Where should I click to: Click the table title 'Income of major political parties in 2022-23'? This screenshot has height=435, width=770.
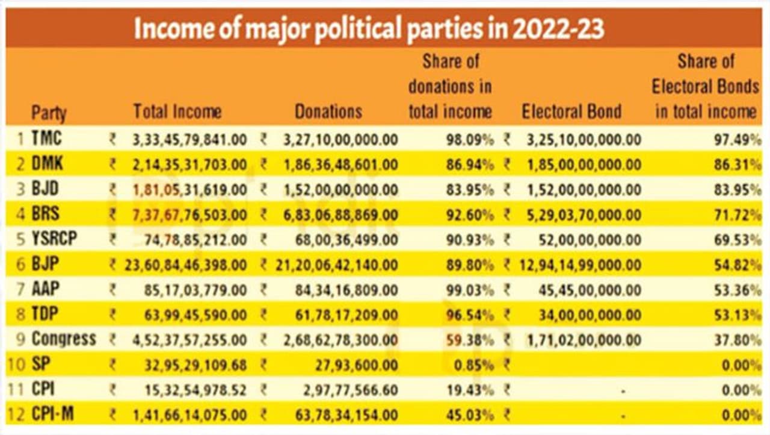tap(369, 28)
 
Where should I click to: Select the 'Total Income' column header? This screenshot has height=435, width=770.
tap(177, 111)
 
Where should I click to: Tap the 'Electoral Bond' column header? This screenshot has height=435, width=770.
tap(571, 111)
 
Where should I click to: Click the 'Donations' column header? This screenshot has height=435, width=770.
tap(328, 111)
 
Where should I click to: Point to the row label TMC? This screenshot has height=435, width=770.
tap(47, 139)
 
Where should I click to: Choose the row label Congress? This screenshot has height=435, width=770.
tap(64, 339)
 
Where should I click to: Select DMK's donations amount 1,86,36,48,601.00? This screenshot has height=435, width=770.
tap(340, 164)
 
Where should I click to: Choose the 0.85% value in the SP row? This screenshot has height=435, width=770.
tap(476, 365)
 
